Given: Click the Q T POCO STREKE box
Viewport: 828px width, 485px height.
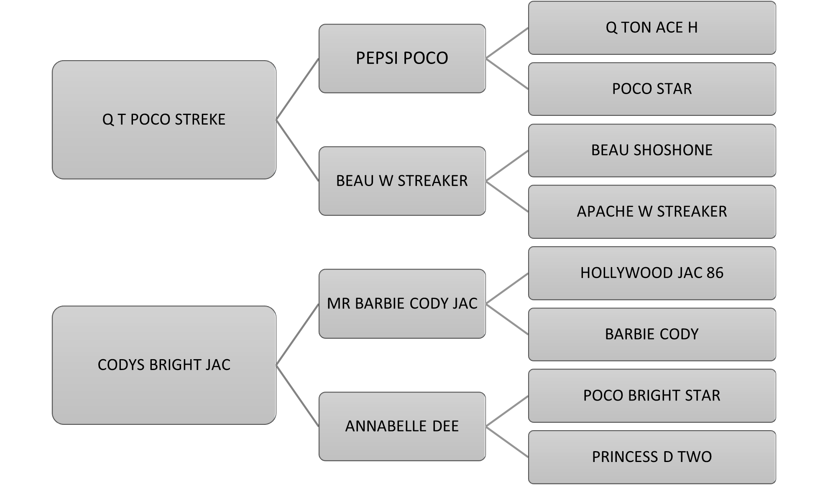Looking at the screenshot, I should click(164, 120).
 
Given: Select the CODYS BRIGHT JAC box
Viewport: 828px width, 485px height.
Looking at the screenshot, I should click(164, 365).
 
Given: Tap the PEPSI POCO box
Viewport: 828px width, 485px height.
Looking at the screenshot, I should click(402, 58).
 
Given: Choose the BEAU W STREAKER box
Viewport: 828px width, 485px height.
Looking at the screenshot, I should click(402, 181).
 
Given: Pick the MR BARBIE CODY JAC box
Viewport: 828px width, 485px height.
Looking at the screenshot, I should click(402, 304).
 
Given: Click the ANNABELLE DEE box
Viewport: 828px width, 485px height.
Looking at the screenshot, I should click(402, 426).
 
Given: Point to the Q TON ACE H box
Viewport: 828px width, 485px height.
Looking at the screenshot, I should click(652, 28).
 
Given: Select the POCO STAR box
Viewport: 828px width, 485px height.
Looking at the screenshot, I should click(652, 89).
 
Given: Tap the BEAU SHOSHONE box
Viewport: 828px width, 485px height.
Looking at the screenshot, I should click(652, 150).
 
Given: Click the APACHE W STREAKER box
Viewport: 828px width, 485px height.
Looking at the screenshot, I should click(652, 212).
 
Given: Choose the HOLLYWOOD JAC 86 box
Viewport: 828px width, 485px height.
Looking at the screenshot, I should click(652, 273).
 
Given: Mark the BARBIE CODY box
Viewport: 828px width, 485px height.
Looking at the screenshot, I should click(652, 334).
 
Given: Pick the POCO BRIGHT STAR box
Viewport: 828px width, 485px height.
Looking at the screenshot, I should click(652, 396).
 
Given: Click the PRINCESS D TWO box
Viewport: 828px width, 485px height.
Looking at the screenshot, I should click(652, 457).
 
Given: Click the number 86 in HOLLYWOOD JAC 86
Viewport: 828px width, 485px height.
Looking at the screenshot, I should click(715, 273).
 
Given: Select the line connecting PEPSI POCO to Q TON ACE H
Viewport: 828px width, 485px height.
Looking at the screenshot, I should click(507, 43).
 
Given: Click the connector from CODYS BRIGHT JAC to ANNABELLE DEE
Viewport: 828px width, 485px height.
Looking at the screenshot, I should click(297, 396).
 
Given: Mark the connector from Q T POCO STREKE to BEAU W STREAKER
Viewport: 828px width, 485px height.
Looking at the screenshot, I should click(297, 151).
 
